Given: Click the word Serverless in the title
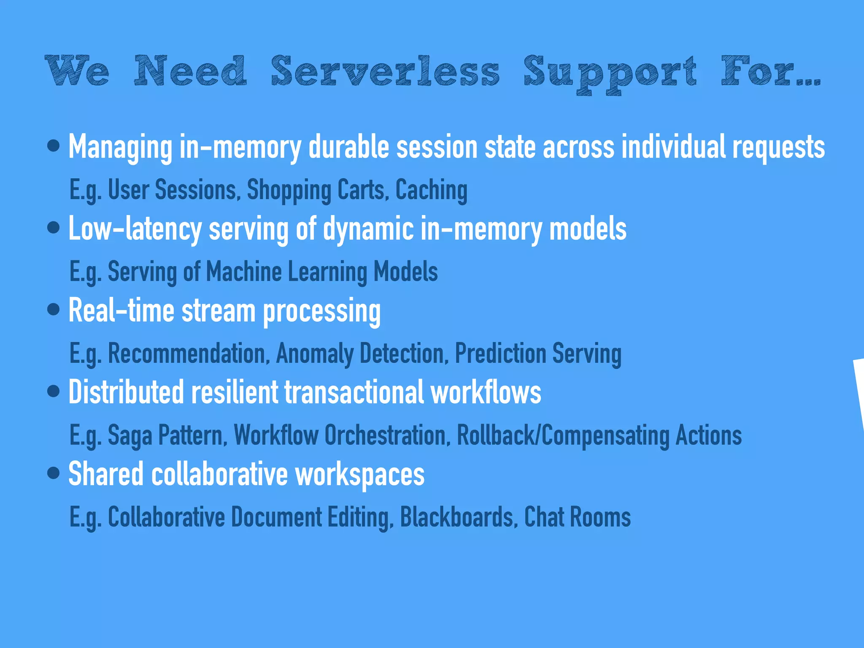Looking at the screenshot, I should pyautogui.click(x=385, y=71).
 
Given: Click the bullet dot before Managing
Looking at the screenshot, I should pyautogui.click(x=54, y=146).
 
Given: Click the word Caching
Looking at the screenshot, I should pyautogui.click(x=431, y=190).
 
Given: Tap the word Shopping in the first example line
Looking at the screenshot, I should pyautogui.click(x=289, y=190).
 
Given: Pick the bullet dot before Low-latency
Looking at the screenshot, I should pyautogui.click(x=54, y=228).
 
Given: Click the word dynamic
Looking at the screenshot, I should pyautogui.click(x=368, y=228).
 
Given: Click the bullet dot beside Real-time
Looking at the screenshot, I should pyautogui.click(x=54, y=310).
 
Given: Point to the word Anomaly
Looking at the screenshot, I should pyautogui.click(x=314, y=354).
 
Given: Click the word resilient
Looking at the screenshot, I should pyautogui.click(x=235, y=392).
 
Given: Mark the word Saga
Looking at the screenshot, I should pyautogui.click(x=130, y=435).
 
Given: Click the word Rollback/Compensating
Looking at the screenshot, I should pyautogui.click(x=563, y=435).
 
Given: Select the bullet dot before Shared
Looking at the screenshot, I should pyautogui.click(x=54, y=473).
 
